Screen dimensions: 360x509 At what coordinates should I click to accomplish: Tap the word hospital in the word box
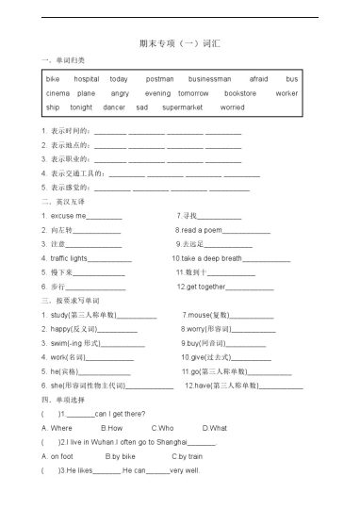(x=87, y=79)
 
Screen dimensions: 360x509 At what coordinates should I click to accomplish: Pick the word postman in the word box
(x=160, y=79)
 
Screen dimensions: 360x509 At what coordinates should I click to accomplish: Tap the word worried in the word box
(x=232, y=107)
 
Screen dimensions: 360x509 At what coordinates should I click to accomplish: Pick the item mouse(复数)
(x=208, y=314)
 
